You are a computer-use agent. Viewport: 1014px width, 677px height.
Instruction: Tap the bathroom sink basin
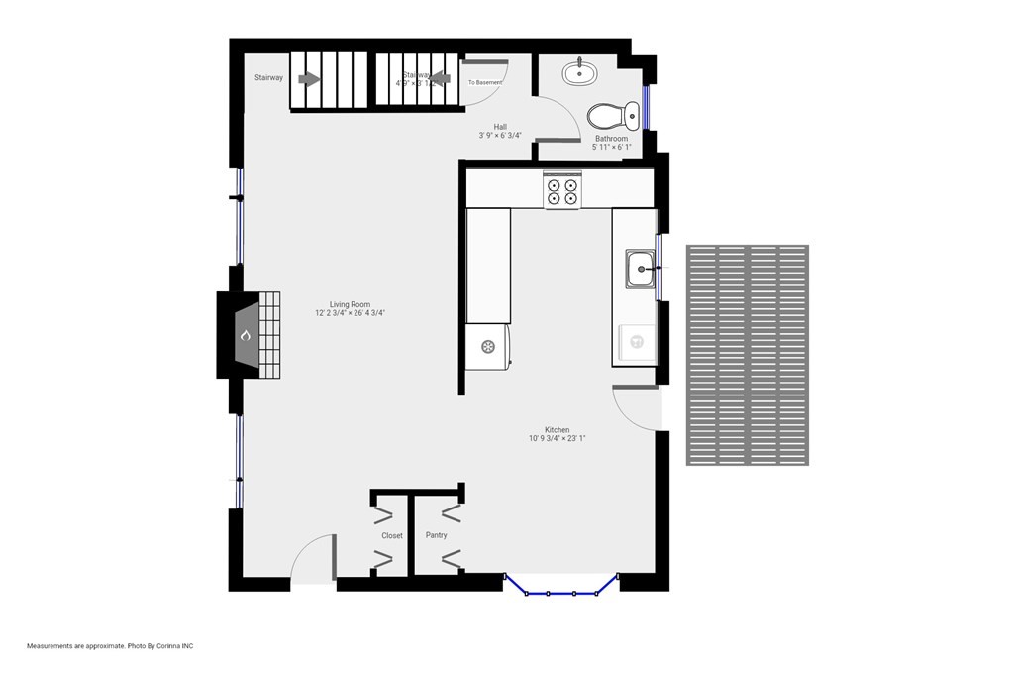[579, 72]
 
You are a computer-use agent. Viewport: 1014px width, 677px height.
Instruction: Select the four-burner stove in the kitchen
[562, 190]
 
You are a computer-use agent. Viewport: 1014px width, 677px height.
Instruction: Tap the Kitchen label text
[557, 430]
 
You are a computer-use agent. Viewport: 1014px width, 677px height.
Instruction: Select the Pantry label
[436, 535]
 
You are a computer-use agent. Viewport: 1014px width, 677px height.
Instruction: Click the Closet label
[392, 535]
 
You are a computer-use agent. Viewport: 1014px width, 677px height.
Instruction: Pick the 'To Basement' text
[485, 82]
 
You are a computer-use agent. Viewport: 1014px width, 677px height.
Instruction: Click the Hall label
[500, 127]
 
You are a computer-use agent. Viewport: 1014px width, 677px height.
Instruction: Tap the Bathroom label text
[611, 139]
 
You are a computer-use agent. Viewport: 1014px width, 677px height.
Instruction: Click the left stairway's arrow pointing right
[310, 79]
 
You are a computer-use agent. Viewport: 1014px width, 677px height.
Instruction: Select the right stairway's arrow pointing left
[441, 79]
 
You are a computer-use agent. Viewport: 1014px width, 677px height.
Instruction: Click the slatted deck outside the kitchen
[748, 355]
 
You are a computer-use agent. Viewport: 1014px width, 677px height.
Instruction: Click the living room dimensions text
[344, 313]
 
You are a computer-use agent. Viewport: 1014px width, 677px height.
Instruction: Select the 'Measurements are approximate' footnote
[110, 646]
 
